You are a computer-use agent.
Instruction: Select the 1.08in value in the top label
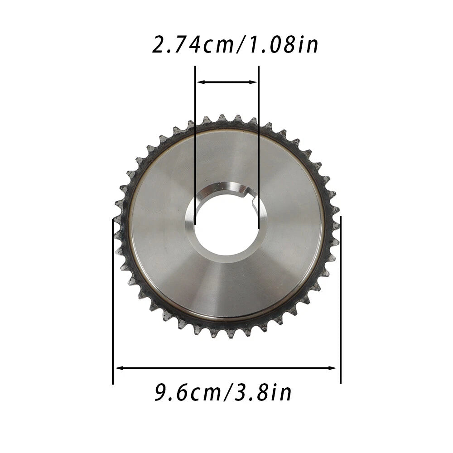tap(284, 45)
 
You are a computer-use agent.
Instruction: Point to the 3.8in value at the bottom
tap(263, 392)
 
